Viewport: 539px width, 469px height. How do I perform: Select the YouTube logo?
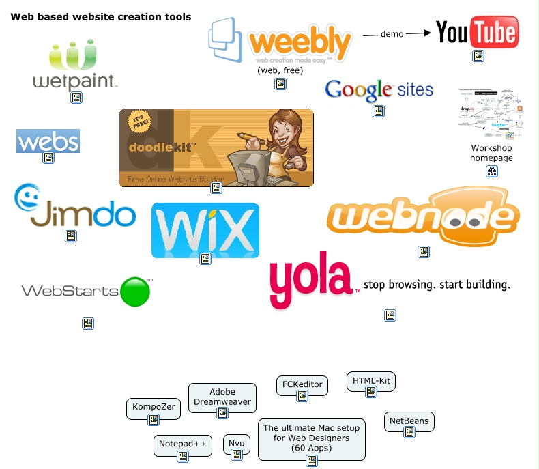477,32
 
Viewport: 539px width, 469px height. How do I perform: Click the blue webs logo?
48,141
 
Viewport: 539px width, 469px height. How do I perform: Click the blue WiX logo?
205,230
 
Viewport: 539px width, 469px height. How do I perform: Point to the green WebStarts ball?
134,292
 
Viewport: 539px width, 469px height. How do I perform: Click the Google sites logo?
379,89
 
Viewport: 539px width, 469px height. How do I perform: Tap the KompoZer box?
154,408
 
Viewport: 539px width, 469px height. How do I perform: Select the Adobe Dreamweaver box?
222,397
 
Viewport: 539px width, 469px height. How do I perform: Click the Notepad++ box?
182,444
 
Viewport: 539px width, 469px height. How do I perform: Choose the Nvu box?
237,444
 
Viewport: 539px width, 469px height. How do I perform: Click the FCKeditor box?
302,384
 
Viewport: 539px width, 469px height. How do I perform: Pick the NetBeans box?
409,422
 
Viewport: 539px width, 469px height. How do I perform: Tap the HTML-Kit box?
370,381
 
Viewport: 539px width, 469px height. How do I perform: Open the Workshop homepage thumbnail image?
491,113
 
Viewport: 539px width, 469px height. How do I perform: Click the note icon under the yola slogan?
390,315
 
